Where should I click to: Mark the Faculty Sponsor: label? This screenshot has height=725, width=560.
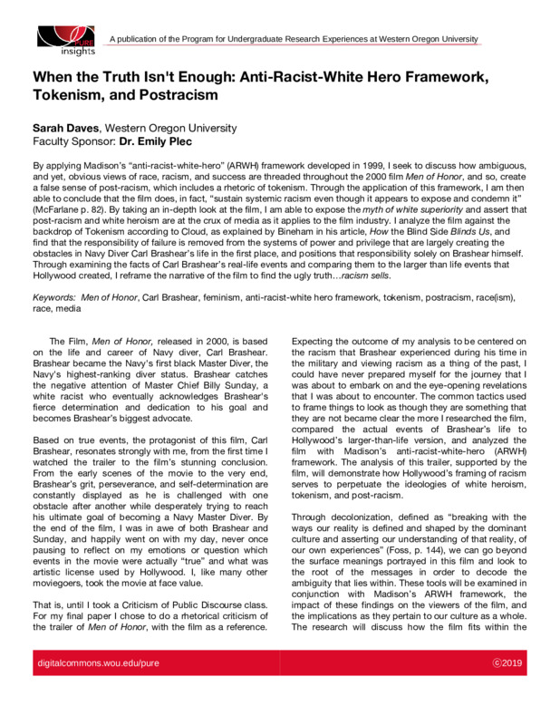[x=72, y=142]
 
